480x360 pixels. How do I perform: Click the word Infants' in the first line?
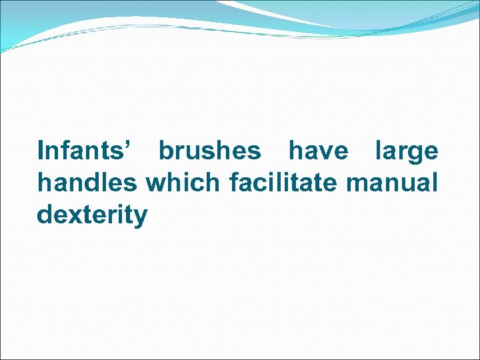pos(84,151)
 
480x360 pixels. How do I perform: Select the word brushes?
pos(210,151)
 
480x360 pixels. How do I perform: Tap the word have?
pos(318,151)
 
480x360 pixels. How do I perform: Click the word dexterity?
pos(93,215)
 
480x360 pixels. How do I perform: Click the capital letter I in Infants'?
pos(42,151)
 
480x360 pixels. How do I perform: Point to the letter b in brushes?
pos(165,151)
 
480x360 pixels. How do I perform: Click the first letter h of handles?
pos(45,182)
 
